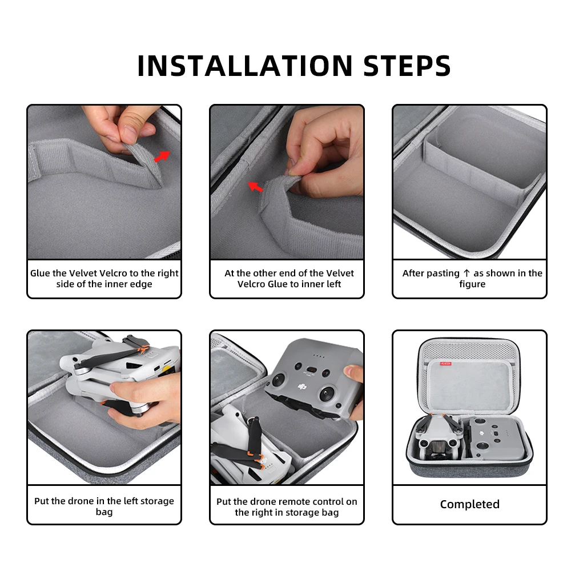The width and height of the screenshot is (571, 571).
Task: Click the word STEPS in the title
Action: (x=407, y=66)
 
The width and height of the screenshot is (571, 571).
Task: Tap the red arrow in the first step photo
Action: (x=162, y=156)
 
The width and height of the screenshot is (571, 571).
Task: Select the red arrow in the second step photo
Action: (x=255, y=187)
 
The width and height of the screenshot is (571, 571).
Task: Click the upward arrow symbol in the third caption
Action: (x=467, y=273)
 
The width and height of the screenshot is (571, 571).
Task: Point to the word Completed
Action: (x=470, y=504)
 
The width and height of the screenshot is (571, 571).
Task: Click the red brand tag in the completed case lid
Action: (x=446, y=363)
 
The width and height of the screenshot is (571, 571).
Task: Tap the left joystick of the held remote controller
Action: (x=278, y=380)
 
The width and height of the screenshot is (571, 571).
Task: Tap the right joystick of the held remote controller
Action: (x=327, y=393)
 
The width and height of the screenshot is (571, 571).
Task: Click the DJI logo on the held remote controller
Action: (x=301, y=387)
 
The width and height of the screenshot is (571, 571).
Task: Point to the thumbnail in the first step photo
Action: (x=128, y=130)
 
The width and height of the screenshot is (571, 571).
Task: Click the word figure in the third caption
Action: (x=472, y=284)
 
